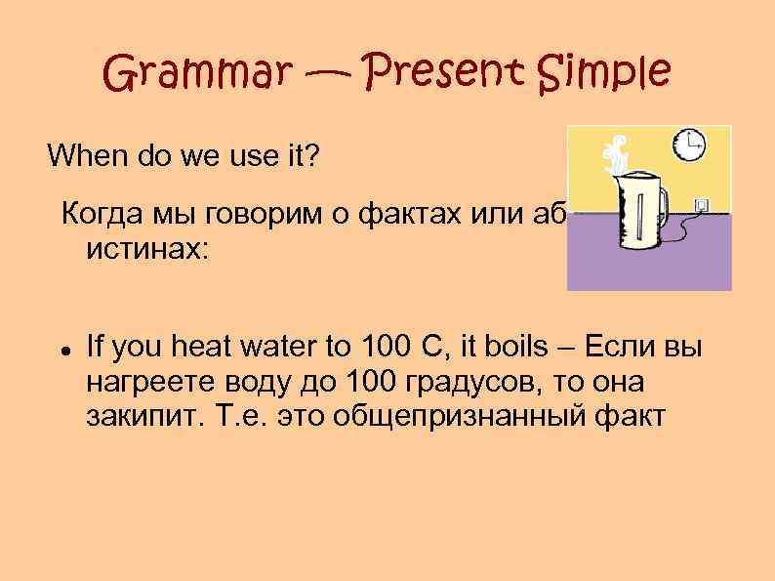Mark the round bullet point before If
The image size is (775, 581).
click(x=61, y=349)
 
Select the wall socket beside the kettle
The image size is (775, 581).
click(x=700, y=205)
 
